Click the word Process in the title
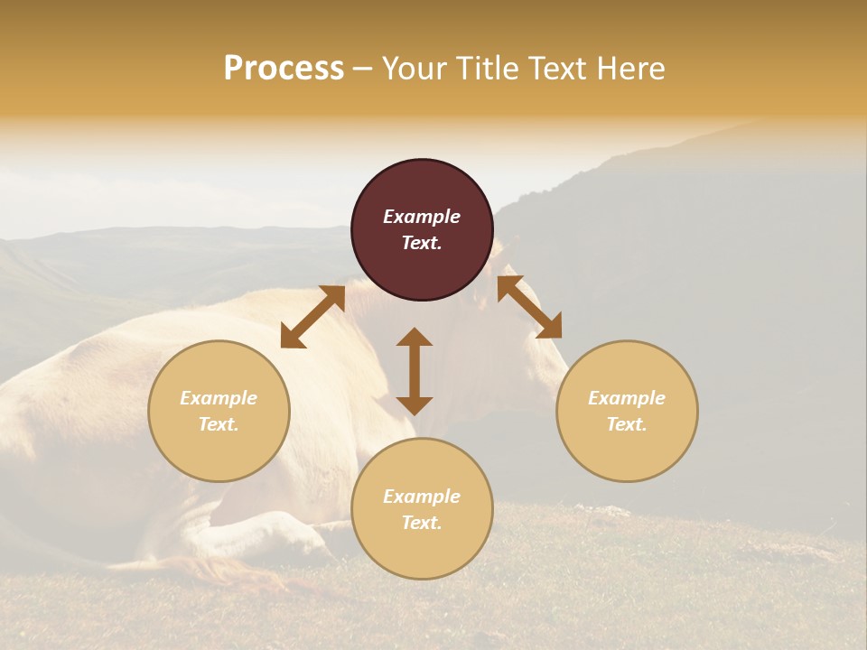pos(284,69)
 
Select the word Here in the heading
pos(631,69)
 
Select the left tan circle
pos(219,442)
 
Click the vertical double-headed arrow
pos(415,371)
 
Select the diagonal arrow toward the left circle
pos(312,317)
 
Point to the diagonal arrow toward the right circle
pos(529,307)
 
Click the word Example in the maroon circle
pos(422,217)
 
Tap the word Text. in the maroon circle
pos(422,243)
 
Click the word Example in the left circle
pos(219,398)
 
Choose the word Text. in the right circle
pos(627,424)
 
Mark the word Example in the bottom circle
pos(422,497)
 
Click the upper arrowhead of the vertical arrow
pos(415,337)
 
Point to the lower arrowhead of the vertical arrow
pos(415,405)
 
